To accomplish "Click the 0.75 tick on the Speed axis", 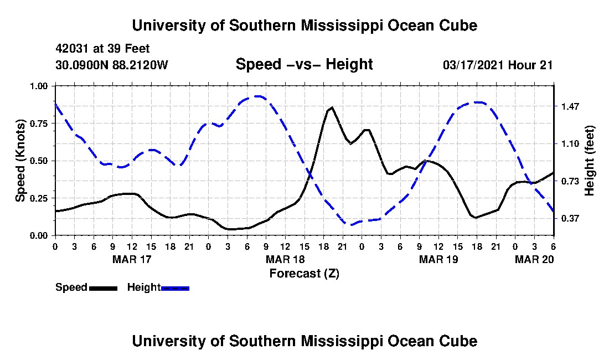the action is tap(38, 124).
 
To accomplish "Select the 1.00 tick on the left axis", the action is tap(38, 86).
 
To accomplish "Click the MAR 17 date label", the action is tap(132, 259).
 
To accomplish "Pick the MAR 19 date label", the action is tap(438, 259).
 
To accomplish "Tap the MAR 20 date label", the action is tap(534, 259).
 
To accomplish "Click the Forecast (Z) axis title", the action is tap(304, 274).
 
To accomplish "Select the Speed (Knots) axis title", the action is tap(20, 161).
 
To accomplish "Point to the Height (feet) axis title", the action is tap(589, 161).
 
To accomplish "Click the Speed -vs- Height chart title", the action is tap(304, 64).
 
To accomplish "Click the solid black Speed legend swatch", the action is tap(103, 288).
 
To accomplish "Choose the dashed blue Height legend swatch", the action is tap(175, 288).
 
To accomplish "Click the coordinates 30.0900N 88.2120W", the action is tap(112, 65).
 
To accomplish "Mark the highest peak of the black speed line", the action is tap(332, 107).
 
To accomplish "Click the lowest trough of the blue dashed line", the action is tap(349, 224).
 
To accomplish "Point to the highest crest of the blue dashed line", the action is tap(257, 96).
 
